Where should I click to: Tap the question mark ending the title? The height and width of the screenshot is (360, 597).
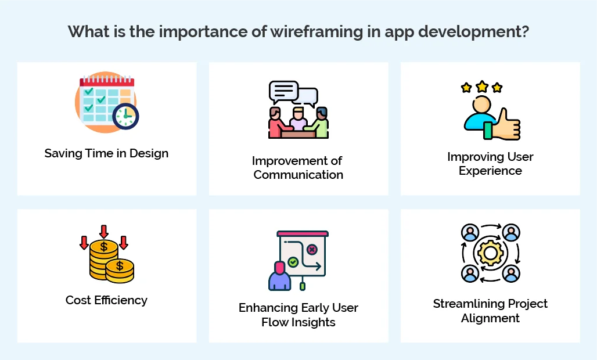click(524, 31)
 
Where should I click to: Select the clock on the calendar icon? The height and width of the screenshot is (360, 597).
click(125, 116)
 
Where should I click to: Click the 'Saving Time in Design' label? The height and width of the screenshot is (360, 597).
click(106, 153)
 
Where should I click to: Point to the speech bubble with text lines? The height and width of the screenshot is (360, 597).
click(283, 91)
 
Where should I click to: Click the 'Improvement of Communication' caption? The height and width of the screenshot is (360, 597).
click(298, 167)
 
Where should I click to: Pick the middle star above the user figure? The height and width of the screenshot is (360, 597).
click(481, 87)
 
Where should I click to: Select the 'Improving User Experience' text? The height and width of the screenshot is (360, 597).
click(490, 164)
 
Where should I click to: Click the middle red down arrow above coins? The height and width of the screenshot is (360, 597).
click(104, 231)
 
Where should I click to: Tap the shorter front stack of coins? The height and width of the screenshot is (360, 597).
click(120, 270)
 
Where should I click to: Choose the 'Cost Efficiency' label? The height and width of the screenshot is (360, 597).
click(106, 300)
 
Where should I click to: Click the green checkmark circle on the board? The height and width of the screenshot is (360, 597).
click(293, 262)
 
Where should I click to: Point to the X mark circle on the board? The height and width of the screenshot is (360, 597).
click(312, 250)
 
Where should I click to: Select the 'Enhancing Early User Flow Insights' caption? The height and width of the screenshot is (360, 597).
click(298, 315)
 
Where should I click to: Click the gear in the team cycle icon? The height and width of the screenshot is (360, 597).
click(490, 253)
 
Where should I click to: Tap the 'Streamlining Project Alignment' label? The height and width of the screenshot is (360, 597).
click(490, 311)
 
